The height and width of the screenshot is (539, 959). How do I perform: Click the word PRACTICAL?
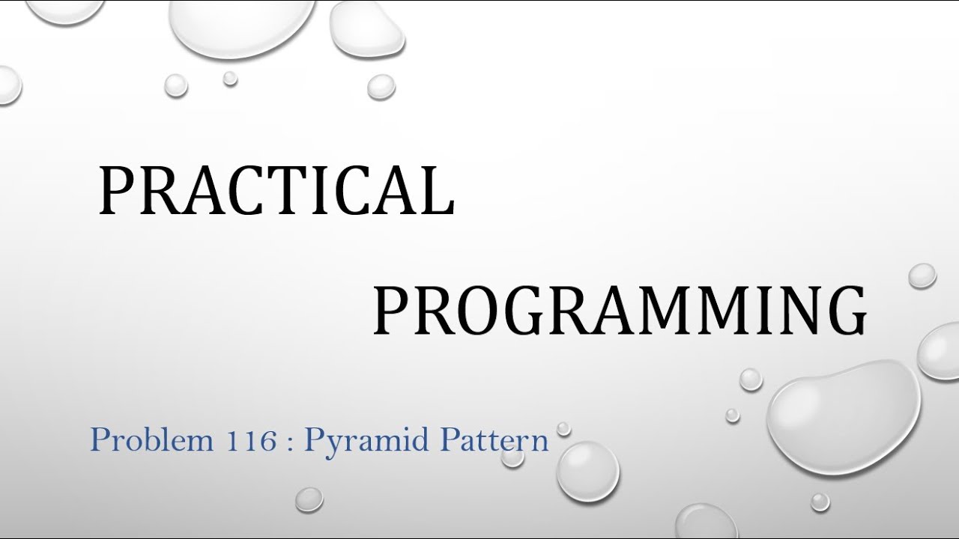[x=276, y=192]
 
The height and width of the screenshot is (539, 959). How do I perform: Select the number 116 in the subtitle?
[x=256, y=439]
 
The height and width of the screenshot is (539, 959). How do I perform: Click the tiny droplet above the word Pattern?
[x=563, y=428]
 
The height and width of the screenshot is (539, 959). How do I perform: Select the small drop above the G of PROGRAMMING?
[x=922, y=275]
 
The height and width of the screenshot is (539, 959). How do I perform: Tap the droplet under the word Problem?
[x=309, y=499]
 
